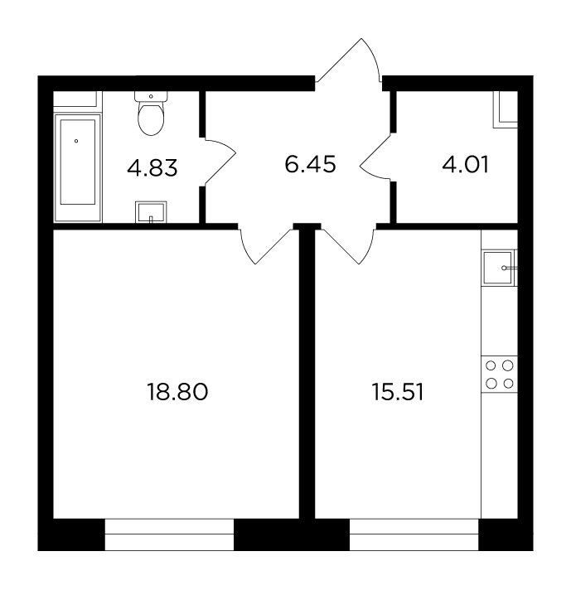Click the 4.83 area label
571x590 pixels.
pyautogui.click(x=152, y=168)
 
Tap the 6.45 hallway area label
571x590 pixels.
pyautogui.click(x=310, y=165)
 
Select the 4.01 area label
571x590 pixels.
pyautogui.click(x=466, y=165)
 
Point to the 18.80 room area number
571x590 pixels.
pyautogui.click(x=177, y=392)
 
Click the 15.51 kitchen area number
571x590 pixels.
pyautogui.click(x=398, y=392)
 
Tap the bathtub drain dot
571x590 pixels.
pyautogui.click(x=76, y=141)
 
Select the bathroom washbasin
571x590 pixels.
pyautogui.click(x=151, y=212)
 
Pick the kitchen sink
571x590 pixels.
pyautogui.click(x=498, y=268)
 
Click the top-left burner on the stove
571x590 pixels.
pyautogui.click(x=491, y=365)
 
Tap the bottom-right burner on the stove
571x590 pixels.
pyautogui.click(x=508, y=384)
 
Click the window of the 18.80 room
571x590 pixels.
pyautogui.click(x=169, y=534)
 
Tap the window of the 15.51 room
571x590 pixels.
pyautogui.click(x=414, y=534)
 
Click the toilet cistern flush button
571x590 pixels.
pyautogui.click(x=151, y=96)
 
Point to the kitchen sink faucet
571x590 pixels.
pyautogui.click(x=509, y=268)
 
